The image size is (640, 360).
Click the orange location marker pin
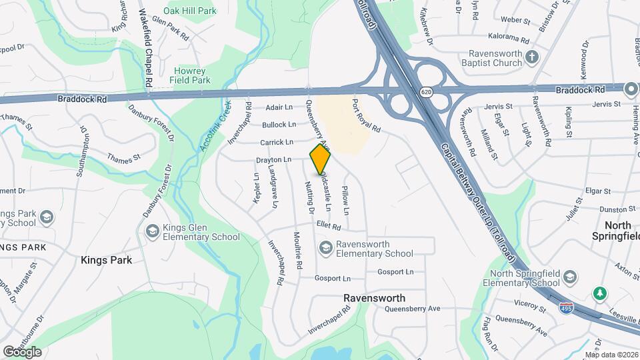pyautogui.click(x=320, y=160)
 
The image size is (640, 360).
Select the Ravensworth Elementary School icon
pyautogui.click(x=326, y=249)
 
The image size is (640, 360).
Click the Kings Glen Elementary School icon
pyautogui.click(x=151, y=231)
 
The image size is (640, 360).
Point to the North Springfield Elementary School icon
pyautogui.click(x=569, y=277)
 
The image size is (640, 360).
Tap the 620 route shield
pyautogui.click(x=425, y=91)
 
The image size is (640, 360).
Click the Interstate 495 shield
pyautogui.click(x=566, y=308)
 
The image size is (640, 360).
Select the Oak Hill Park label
pyautogui.click(x=190, y=11)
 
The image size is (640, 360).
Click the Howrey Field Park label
pyautogui.click(x=192, y=75)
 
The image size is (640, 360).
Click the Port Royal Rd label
pyautogui.click(x=365, y=115)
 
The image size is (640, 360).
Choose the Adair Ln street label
pyautogui.click(x=279, y=107)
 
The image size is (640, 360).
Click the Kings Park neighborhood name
pyautogui.click(x=107, y=260)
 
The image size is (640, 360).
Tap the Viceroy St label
pyautogui.click(x=531, y=303)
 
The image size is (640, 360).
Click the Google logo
pyautogui.click(x=22, y=351)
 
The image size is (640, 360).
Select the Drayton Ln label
pyautogui.click(x=274, y=160)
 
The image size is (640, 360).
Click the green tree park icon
pyautogui.click(x=599, y=293)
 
